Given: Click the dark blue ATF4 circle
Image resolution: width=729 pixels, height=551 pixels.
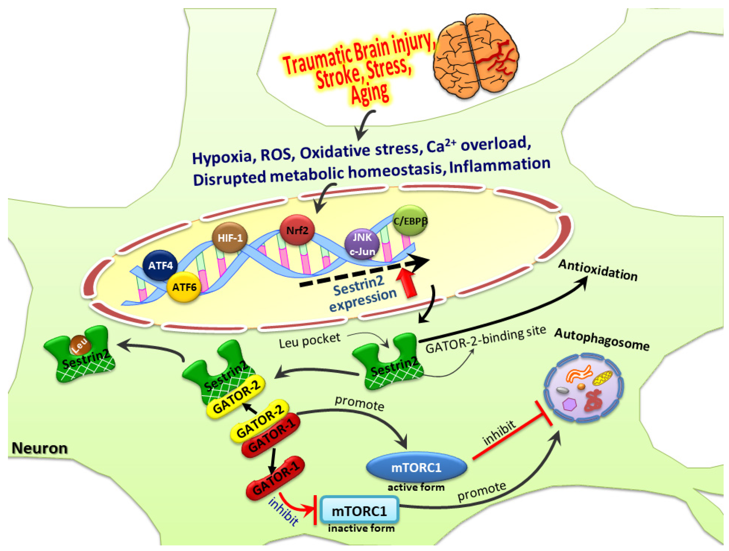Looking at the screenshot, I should pos(160,265).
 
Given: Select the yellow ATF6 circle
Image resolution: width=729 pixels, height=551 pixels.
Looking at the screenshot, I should pos(184,287).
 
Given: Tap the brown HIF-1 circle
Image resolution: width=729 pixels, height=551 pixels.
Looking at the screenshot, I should pos(230,237).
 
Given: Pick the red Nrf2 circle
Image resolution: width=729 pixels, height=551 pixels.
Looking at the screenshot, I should pos(297,230).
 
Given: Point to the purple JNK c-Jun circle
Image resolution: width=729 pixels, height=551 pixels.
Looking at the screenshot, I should pos(362,244).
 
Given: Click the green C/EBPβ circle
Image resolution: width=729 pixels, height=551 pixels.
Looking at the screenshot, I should pos(410,221).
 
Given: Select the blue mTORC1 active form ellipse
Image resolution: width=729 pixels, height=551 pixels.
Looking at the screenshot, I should pos(416,468).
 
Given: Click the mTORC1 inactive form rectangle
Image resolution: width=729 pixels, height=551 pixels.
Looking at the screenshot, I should pos(359,511).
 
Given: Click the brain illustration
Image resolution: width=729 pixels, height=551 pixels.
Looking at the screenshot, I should pos(476,56).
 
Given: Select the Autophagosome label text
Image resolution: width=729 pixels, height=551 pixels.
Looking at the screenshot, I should pos(601,340).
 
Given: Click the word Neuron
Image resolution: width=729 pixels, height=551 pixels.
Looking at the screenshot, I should pos(40,448).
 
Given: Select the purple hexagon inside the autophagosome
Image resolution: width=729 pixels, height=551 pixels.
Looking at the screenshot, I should pos(569,404).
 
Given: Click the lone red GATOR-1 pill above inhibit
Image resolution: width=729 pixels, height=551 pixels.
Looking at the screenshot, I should pos(275,478).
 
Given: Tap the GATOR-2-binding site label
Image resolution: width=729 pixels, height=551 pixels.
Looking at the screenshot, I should pos(485,340).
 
